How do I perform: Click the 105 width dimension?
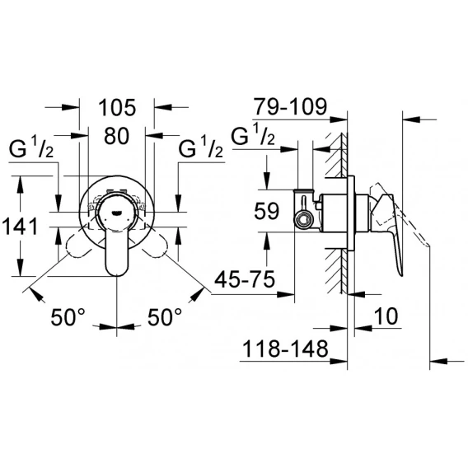coord(117,107)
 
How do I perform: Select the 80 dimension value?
coord(117,136)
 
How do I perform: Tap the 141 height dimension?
coord(21,227)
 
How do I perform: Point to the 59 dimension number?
coord(266,211)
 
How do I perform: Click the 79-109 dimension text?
coord(290,106)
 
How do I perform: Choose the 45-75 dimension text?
coord(245,279)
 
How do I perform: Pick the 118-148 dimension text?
coord(286,349)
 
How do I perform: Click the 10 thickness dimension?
coord(386,316)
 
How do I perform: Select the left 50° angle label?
coord(68,317)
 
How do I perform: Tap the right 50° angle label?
coord(165,317)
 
